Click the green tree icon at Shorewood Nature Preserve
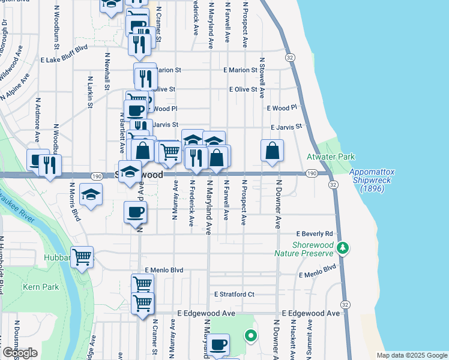[343, 247]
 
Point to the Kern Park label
[41, 287]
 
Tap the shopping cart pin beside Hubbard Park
[82, 257]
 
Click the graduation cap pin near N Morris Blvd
[91, 195]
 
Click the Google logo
[20, 353]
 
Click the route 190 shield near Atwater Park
[310, 173]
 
